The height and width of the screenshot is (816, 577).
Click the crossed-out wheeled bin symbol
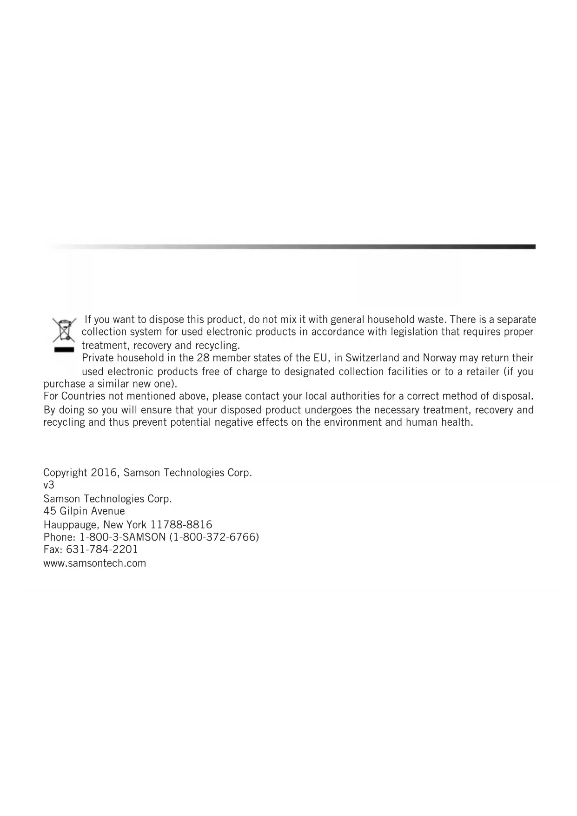(64, 330)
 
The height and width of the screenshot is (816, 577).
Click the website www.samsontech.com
(94, 563)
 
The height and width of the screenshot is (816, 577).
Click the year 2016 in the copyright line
(105, 473)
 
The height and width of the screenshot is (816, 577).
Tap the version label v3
(49, 485)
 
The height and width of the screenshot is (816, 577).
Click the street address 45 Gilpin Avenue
(84, 511)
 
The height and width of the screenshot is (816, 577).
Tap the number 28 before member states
(203, 358)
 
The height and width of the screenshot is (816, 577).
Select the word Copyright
(65, 473)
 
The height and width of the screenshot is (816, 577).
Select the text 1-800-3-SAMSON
(123, 537)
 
